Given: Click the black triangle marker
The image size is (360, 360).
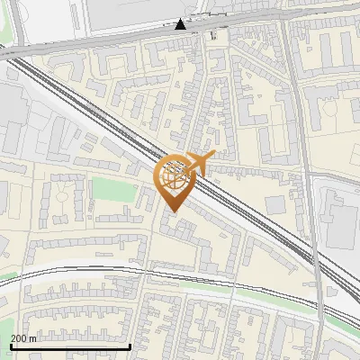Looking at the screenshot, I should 181,24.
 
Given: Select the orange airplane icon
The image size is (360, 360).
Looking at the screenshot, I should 200,163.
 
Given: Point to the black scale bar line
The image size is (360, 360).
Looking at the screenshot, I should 70,346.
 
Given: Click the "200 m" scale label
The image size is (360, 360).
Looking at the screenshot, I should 24,338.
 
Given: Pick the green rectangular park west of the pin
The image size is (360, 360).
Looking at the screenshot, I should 112,189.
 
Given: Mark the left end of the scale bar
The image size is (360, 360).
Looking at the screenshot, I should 11,346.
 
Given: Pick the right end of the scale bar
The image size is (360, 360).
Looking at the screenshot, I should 130,346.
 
